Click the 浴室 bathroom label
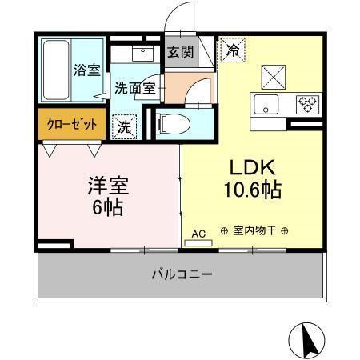(86, 70)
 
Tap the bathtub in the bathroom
(56, 70)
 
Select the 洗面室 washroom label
(134, 88)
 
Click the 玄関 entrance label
(179, 53)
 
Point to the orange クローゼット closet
(70, 125)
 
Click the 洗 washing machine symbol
(126, 126)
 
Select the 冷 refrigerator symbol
(233, 49)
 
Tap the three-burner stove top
(306, 104)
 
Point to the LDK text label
(253, 169)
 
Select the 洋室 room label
(108, 186)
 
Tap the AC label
(199, 234)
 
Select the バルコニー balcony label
(182, 274)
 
